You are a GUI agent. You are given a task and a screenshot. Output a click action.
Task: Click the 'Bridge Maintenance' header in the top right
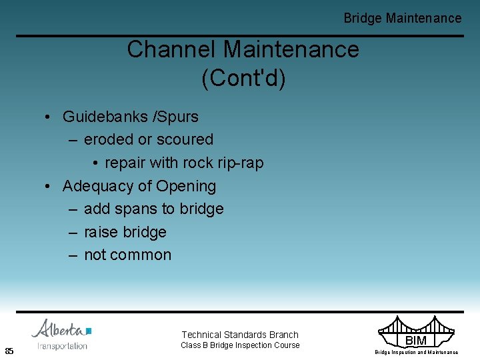pyautogui.click(x=402, y=18)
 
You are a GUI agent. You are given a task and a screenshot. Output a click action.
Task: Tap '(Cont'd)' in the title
pyautogui.click(x=243, y=78)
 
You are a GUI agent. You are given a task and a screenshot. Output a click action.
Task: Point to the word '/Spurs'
pyautogui.click(x=176, y=117)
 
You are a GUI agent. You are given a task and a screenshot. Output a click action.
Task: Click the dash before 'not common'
pyautogui.click(x=72, y=255)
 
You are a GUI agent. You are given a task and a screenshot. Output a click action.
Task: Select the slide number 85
pyautogui.click(x=9, y=351)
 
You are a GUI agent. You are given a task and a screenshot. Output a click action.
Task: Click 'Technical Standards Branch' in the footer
pyautogui.click(x=240, y=335)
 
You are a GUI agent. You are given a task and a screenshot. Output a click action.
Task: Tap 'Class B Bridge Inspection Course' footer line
pyautogui.click(x=240, y=345)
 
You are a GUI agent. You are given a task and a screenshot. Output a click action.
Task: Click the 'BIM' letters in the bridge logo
pyautogui.click(x=415, y=341)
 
